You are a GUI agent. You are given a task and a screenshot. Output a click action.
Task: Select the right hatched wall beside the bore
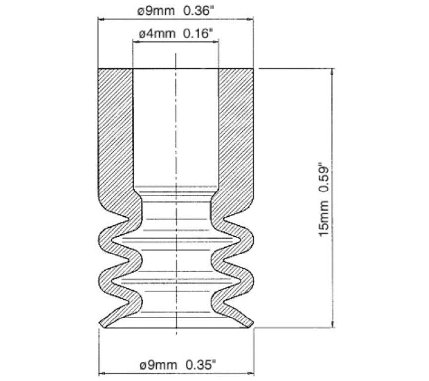235,129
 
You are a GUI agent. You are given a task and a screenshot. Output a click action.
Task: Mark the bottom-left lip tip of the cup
101,324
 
